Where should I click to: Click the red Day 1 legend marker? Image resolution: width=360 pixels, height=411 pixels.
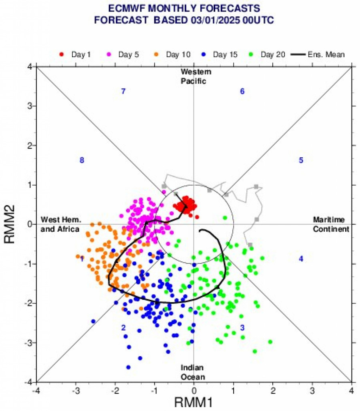(x=62, y=54)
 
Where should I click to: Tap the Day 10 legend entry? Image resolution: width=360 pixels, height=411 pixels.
(x=178, y=54)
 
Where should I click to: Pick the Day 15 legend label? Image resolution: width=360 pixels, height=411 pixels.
(x=226, y=54)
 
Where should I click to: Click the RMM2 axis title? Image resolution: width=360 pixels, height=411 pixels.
(x=10, y=225)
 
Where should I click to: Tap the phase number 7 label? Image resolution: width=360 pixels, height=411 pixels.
(x=124, y=92)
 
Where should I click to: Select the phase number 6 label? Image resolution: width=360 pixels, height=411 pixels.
(x=242, y=92)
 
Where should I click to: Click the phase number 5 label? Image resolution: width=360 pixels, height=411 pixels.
(x=301, y=160)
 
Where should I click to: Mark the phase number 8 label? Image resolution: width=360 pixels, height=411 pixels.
(x=82, y=160)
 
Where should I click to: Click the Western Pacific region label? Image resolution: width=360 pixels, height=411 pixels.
(x=196, y=76)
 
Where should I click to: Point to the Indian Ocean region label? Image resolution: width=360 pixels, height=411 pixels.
(x=193, y=372)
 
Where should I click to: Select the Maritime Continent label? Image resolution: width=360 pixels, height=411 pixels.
(x=331, y=225)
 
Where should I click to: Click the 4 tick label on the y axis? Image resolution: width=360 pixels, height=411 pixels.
(x=30, y=67)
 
